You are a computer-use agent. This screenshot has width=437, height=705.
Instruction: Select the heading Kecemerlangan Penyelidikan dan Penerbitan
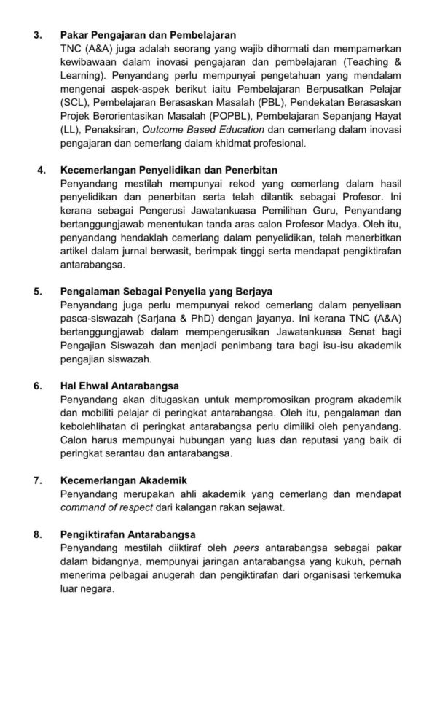pos(169,170)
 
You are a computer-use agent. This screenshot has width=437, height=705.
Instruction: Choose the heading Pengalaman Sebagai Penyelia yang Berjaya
pos(167,292)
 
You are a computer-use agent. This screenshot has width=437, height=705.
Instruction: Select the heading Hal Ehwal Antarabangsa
pos(120,386)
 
